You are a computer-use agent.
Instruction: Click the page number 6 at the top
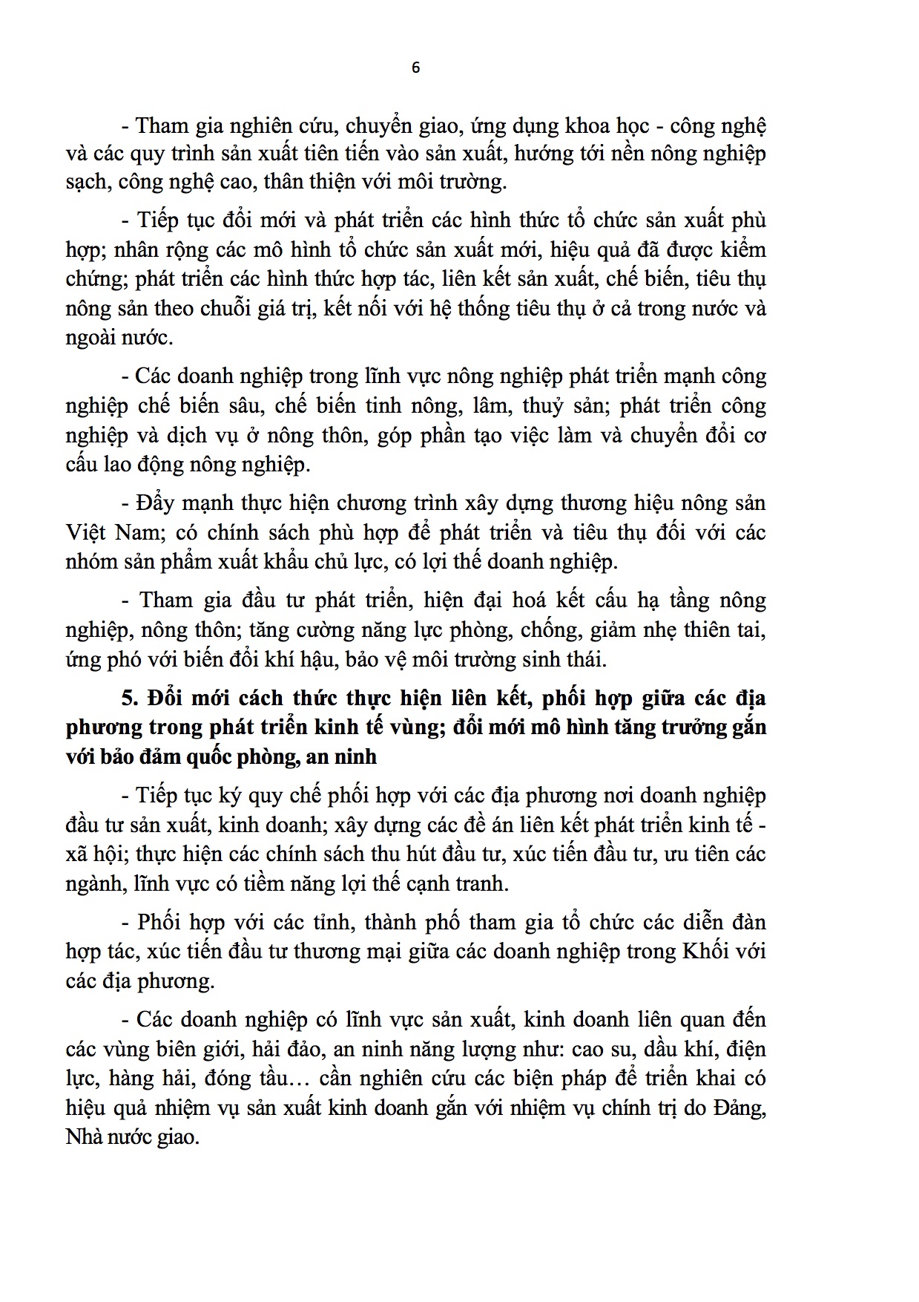[415, 68]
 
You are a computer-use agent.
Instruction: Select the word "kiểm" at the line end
[737, 250]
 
